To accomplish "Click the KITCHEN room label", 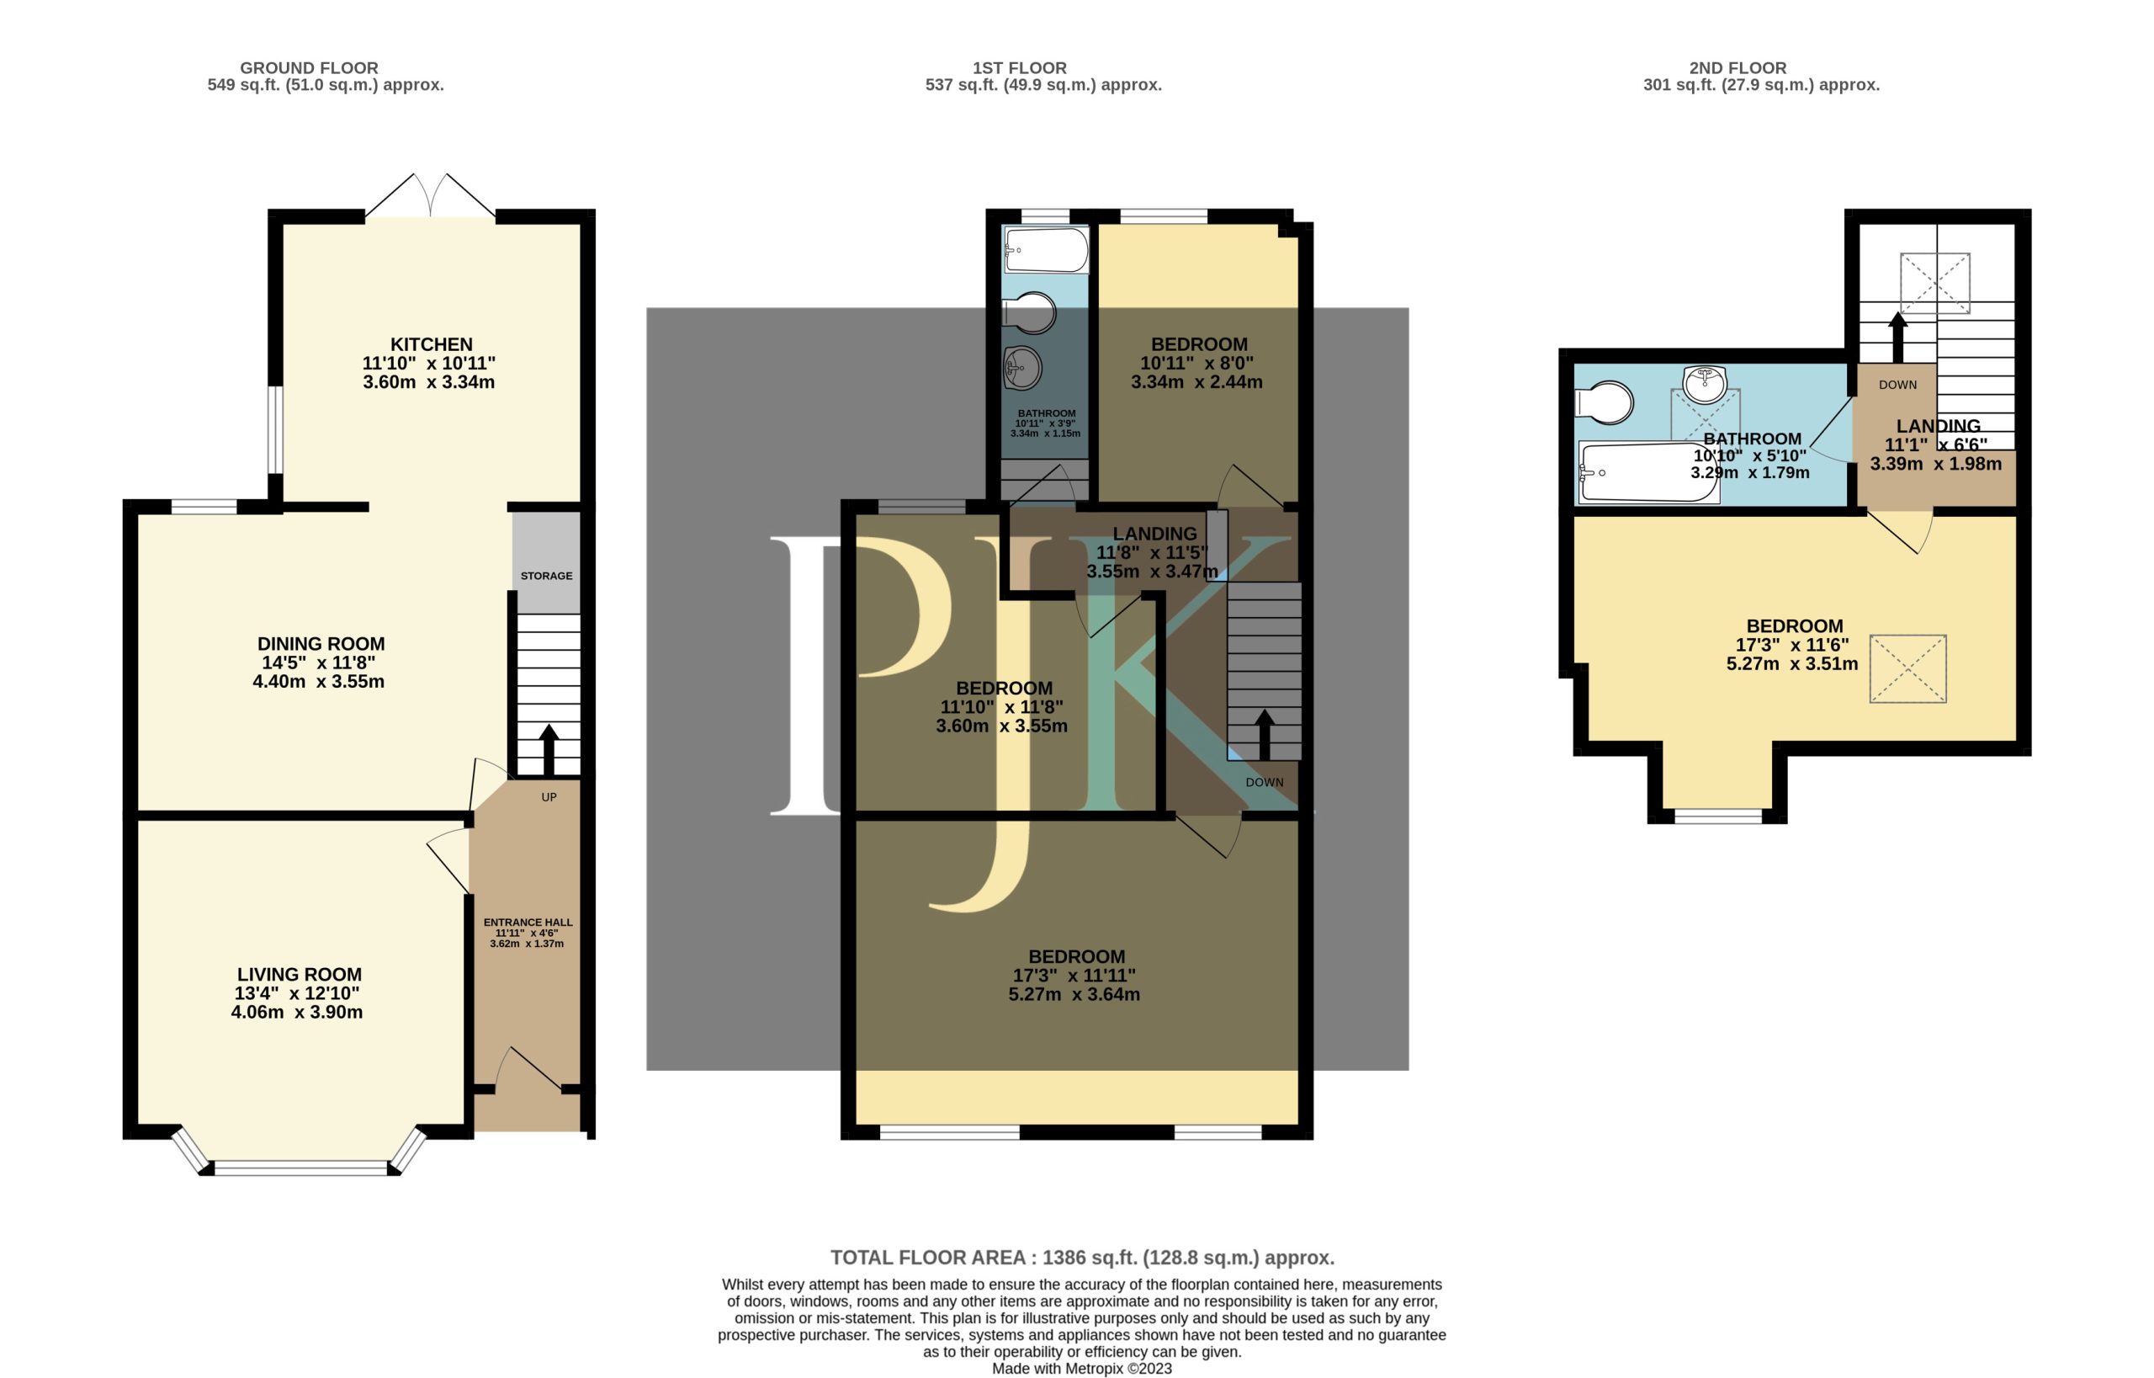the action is [x=431, y=344].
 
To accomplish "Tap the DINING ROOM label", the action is [x=321, y=644].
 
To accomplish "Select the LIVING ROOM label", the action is [x=300, y=975].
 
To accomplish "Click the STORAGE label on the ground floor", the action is [x=547, y=577].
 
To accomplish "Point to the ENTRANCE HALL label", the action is [x=528, y=923].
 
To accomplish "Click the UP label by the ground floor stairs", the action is [x=549, y=797].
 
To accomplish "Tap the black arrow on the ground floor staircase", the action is [x=549, y=750].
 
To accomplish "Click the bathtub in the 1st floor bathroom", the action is [x=1047, y=250].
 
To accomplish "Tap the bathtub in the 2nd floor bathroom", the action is [x=1648, y=471].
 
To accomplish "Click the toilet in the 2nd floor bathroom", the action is [x=1605, y=402].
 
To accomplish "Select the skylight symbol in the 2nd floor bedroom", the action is [x=1908, y=669].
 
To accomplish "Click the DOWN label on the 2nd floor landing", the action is [x=1898, y=385].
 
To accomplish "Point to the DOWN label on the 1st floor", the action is [x=1265, y=782].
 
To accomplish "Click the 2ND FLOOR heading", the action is [x=1738, y=68].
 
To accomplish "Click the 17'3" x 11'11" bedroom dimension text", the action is [x=1074, y=976].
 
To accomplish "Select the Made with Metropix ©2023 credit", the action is [x=1082, y=1368].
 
